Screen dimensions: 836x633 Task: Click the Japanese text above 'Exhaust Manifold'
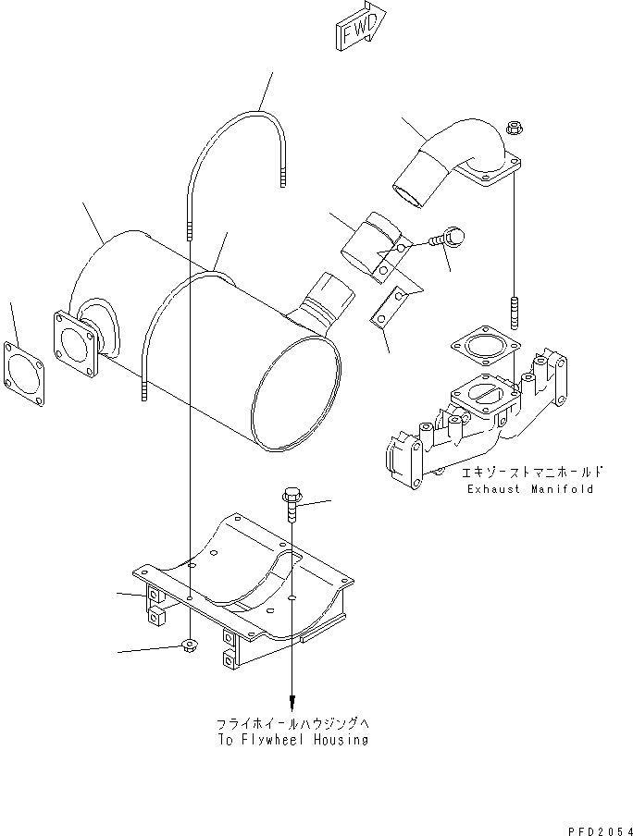(525, 472)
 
